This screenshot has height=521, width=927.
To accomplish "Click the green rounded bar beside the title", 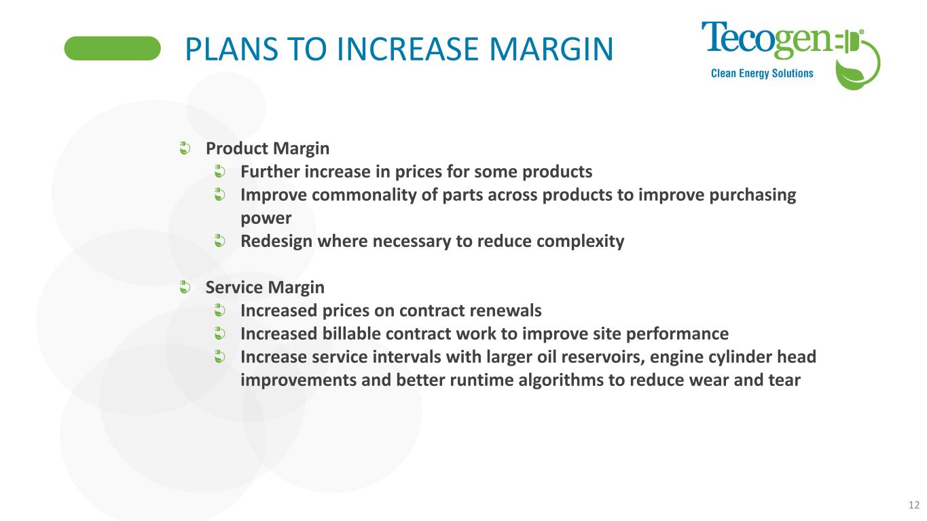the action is pos(112,48).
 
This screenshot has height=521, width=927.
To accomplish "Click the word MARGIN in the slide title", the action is pos(551,50).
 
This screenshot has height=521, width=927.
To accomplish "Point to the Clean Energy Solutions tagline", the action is pos(762,73).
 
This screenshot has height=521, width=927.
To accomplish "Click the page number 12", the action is pos(914,505).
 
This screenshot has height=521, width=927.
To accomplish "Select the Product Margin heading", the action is pos(268,149).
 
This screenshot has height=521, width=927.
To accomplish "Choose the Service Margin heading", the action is pos(265,288).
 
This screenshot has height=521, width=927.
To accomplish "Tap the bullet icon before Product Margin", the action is pos(185,148).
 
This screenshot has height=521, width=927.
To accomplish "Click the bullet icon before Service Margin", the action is pos(185,286).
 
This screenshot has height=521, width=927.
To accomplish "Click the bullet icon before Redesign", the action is pos(219,241).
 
